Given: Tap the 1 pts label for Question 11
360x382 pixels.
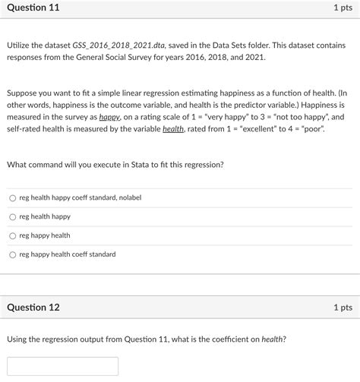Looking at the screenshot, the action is (x=342, y=8).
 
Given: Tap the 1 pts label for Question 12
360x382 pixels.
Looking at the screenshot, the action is (x=342, y=308).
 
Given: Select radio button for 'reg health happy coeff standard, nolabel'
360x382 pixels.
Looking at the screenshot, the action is (x=12, y=198).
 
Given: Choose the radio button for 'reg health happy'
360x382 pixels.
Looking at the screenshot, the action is (x=12, y=217).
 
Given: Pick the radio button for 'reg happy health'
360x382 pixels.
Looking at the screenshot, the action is (x=12, y=236).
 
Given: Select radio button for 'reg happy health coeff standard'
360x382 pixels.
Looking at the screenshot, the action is (x=12, y=255).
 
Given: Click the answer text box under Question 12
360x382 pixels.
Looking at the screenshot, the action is (x=63, y=366).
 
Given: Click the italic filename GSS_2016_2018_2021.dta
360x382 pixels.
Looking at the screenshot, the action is (x=117, y=46).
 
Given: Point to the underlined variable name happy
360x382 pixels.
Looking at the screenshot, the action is (x=110, y=118).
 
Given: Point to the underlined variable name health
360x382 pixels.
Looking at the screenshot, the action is (x=175, y=130).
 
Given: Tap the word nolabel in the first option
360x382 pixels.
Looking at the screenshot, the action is (x=127, y=198).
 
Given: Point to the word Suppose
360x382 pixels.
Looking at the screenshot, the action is (x=24, y=91).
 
